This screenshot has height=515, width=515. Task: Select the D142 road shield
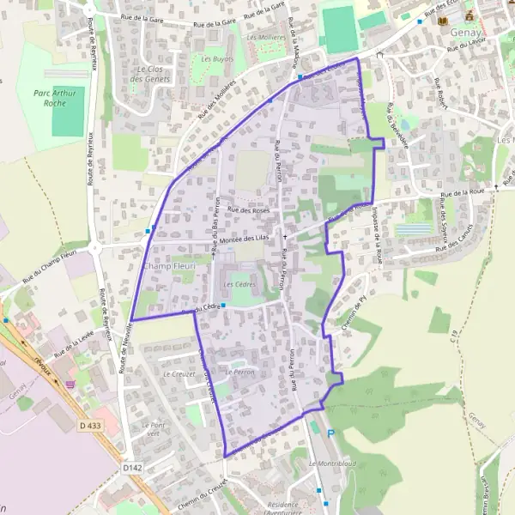coord(130,468)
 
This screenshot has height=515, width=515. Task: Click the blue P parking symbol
coord(330,434)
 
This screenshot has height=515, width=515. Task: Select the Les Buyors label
coord(217,58)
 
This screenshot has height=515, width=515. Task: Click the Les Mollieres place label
coord(265,38)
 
